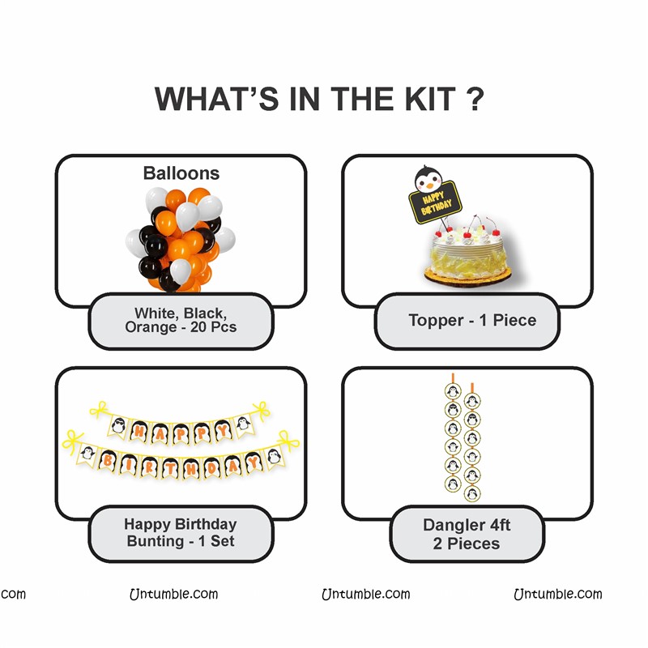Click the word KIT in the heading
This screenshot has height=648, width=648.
(430, 99)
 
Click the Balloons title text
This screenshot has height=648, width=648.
(181, 173)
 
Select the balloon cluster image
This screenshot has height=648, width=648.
(181, 240)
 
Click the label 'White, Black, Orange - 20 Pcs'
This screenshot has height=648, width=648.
(181, 320)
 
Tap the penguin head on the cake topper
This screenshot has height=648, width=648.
(428, 179)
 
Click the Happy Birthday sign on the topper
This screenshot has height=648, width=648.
(436, 202)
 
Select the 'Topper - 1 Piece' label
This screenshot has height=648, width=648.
(472, 320)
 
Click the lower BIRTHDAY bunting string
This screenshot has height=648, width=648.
(181, 457)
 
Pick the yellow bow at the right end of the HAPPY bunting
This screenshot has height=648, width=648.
(261, 411)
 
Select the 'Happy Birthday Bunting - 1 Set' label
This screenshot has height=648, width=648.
(181, 532)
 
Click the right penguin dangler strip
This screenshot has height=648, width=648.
(472, 442)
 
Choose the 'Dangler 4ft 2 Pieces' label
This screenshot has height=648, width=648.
(467, 534)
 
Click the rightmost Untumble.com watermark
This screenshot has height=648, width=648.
(558, 594)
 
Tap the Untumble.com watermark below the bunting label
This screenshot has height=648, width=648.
(173, 594)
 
